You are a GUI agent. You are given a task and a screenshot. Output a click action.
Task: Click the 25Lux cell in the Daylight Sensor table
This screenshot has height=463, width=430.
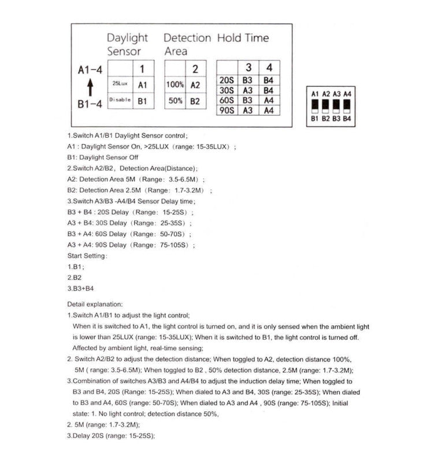[120, 84]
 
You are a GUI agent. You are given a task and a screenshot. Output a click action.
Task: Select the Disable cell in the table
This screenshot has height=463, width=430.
[120, 100]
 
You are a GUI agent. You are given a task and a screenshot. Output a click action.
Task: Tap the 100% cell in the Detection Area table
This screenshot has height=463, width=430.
[175, 84]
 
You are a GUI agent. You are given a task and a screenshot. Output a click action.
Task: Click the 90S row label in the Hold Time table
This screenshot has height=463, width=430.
[227, 110]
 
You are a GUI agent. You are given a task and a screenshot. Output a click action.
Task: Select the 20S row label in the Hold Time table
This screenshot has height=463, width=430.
[227, 80]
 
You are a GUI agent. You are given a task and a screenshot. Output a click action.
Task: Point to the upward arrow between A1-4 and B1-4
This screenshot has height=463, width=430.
[90, 87]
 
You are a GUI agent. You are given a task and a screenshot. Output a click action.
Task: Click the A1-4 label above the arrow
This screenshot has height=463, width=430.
[90, 71]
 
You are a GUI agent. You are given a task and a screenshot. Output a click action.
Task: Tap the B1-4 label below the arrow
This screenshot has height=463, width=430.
[90, 104]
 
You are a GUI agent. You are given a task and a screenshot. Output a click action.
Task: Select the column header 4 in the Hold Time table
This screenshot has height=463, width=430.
[269, 67]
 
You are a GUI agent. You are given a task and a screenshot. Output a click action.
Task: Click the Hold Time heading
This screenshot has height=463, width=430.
[243, 38]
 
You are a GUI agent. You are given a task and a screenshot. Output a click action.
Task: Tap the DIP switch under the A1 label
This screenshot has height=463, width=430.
[315, 106]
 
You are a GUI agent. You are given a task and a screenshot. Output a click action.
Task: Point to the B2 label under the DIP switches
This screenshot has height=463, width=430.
[326, 118]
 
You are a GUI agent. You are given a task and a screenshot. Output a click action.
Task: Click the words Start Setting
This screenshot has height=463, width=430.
[87, 255]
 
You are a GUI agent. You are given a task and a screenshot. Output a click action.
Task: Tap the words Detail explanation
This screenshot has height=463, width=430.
[95, 303]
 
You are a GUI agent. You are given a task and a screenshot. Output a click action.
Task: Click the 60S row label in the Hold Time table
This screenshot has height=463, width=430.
[227, 100]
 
